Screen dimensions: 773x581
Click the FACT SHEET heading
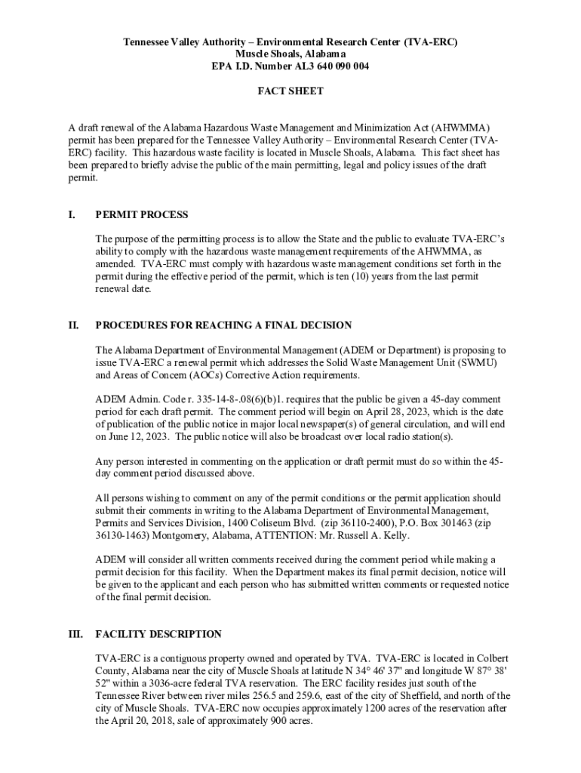(x=290, y=91)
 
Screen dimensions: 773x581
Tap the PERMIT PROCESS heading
(x=142, y=215)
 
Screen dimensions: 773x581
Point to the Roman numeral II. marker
(x=72, y=325)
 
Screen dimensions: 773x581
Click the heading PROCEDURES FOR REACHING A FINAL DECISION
(x=223, y=325)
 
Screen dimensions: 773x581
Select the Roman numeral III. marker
(x=75, y=634)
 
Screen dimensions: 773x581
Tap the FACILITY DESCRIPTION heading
(x=158, y=634)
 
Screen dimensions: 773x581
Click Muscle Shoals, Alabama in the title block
(x=290, y=54)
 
